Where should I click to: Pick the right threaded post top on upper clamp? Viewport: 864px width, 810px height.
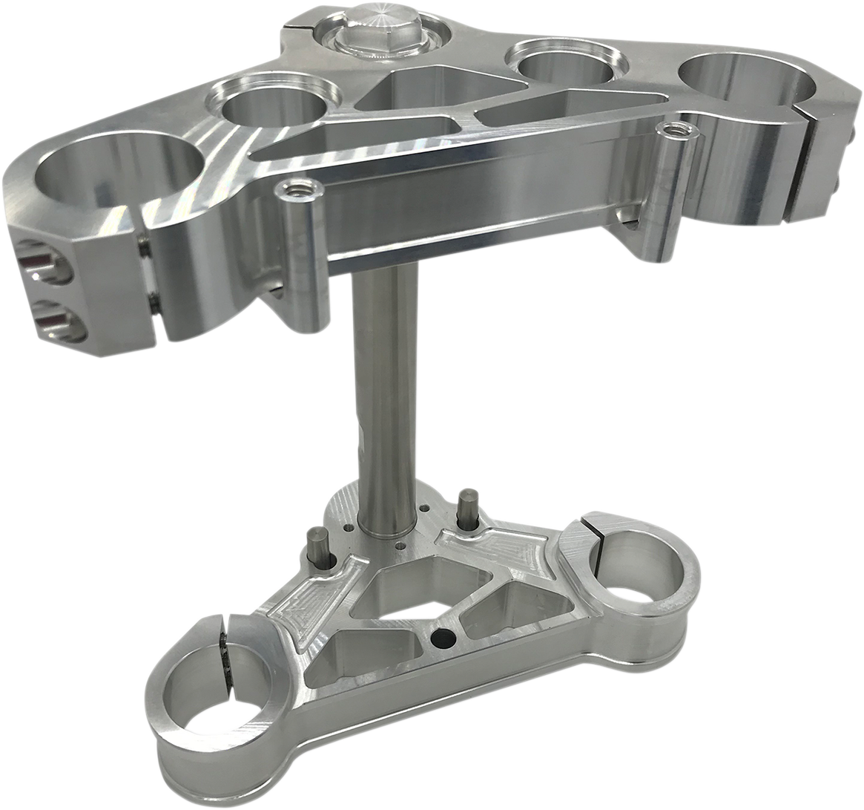coord(673,131)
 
